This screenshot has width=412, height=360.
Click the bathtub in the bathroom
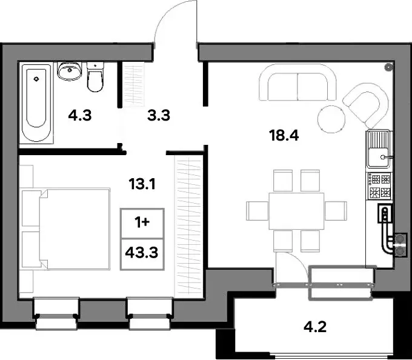point(36,103)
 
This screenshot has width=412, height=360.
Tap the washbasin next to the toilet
point(69,71)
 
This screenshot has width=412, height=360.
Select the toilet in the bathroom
point(95,77)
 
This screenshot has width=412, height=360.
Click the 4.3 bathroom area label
point(80,116)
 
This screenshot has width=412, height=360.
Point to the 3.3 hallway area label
point(159,116)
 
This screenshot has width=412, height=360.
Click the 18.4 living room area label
point(284,136)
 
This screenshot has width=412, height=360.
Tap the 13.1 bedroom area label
point(142,184)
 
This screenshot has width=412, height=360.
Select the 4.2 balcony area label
point(315,327)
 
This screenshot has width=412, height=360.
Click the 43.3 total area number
point(142,253)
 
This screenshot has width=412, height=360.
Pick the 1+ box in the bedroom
point(142,223)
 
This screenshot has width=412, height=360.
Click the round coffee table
point(331,119)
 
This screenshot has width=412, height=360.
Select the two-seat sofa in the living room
point(297,82)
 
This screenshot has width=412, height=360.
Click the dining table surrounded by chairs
point(296,211)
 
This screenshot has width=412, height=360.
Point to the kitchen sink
point(379,150)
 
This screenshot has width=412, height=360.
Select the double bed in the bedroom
point(65,228)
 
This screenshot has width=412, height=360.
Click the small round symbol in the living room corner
point(388,67)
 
